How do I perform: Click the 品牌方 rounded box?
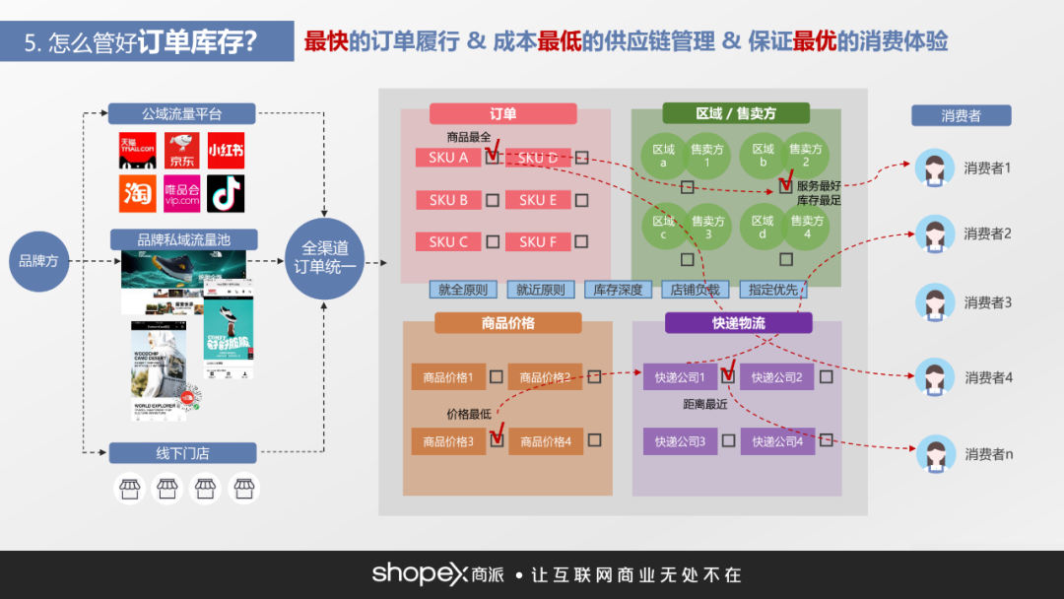click(x=39, y=261)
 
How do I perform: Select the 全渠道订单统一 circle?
click(x=325, y=258)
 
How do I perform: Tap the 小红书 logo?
click(x=226, y=151)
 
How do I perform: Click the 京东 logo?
click(x=181, y=151)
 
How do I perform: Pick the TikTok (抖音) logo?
click(x=226, y=193)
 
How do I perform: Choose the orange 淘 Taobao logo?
click(x=138, y=193)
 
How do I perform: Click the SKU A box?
click(x=448, y=158)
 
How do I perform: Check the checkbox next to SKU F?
click(x=582, y=241)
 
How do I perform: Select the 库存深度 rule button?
click(x=618, y=290)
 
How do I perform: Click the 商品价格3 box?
click(x=448, y=441)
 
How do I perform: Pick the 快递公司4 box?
click(x=777, y=441)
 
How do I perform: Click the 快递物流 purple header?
click(x=738, y=323)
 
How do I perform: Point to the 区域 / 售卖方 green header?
click(x=736, y=113)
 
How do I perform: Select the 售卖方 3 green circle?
click(x=708, y=227)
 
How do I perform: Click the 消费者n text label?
click(x=988, y=454)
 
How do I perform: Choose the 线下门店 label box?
click(x=182, y=453)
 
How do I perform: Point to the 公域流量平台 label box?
click(x=181, y=113)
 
